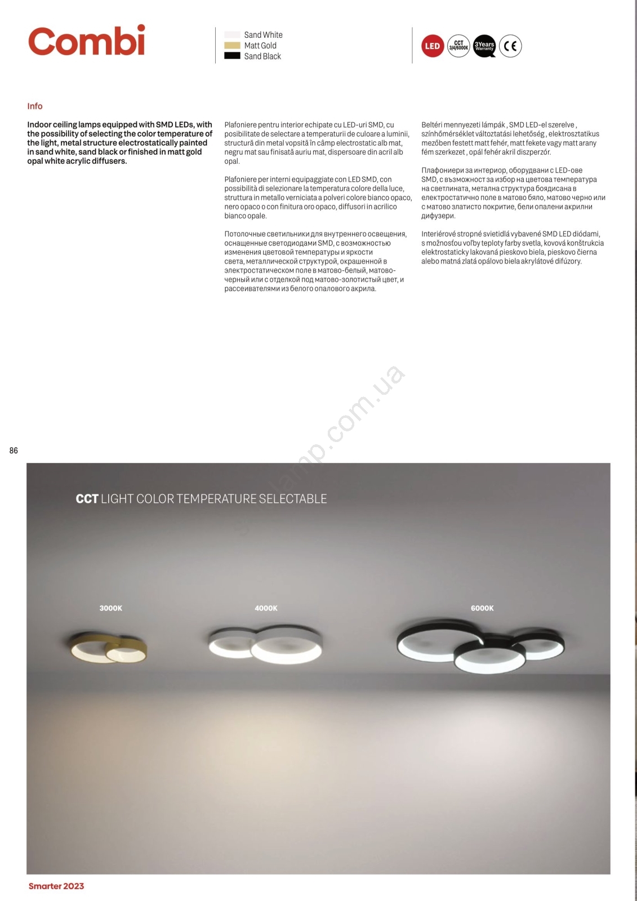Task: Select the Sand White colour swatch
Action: [232, 35]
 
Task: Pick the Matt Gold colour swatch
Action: [232, 46]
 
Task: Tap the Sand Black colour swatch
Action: [232, 56]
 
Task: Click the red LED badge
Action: [433, 46]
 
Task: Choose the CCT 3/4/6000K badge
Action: [458, 46]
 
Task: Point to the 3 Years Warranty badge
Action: [484, 46]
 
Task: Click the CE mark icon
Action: [510, 46]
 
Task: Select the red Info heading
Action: [35, 106]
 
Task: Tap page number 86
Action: [14, 450]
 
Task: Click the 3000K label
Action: [111, 608]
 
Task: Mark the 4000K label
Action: [266, 608]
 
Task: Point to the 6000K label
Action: [482, 608]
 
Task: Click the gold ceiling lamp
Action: [108, 648]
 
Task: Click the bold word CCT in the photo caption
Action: [87, 499]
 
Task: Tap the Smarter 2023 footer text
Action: [56, 886]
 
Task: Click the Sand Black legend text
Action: [262, 56]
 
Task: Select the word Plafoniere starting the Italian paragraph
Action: [242, 180]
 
